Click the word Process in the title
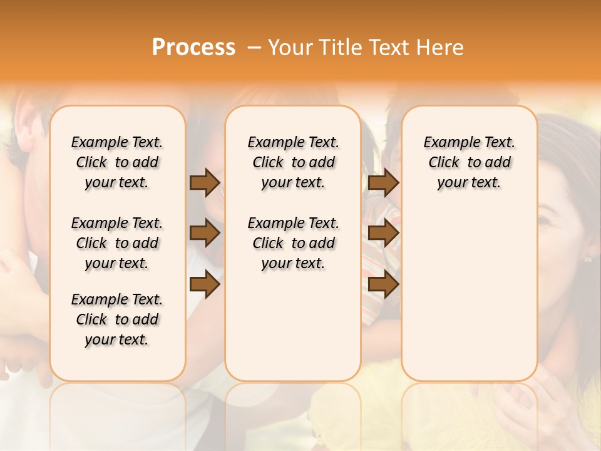pyautogui.click(x=193, y=47)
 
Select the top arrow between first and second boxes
pyautogui.click(x=204, y=182)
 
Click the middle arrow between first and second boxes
pyautogui.click(x=204, y=234)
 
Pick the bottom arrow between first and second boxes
pyautogui.click(x=204, y=285)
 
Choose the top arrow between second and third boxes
pyautogui.click(x=383, y=182)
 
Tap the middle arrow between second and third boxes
pyautogui.click(x=383, y=234)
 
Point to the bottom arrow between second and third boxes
pyautogui.click(x=383, y=285)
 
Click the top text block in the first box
pyautogui.click(x=117, y=162)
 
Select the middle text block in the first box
pyautogui.click(x=117, y=243)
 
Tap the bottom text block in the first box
pyautogui.click(x=117, y=319)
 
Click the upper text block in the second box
pyautogui.click(x=293, y=162)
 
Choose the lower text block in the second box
pyautogui.click(x=293, y=243)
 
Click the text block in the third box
pyautogui.click(x=469, y=162)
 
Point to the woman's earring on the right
pyautogui.click(x=588, y=258)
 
